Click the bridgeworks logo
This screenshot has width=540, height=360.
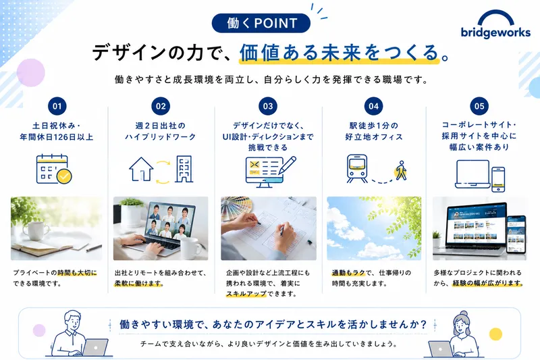point(495,24)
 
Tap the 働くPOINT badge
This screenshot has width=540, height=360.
point(261,23)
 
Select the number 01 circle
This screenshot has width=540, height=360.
point(57,106)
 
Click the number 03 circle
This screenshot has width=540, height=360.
point(267,106)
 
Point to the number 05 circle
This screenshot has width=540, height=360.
point(479,106)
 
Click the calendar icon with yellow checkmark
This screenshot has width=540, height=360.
point(54,169)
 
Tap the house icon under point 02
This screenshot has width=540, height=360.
point(141,169)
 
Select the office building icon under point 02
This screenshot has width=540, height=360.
point(184,169)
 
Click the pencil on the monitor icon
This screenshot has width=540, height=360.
point(288,165)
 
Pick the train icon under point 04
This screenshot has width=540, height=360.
point(357,168)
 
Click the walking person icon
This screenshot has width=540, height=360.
point(401,170)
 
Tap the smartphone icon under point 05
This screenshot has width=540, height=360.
point(498,179)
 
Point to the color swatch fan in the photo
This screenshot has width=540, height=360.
point(238,208)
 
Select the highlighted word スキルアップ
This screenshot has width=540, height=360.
point(246,294)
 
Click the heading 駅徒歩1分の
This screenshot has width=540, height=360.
point(374,126)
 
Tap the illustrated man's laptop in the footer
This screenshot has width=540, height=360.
point(95,347)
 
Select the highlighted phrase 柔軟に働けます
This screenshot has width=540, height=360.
point(138,284)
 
